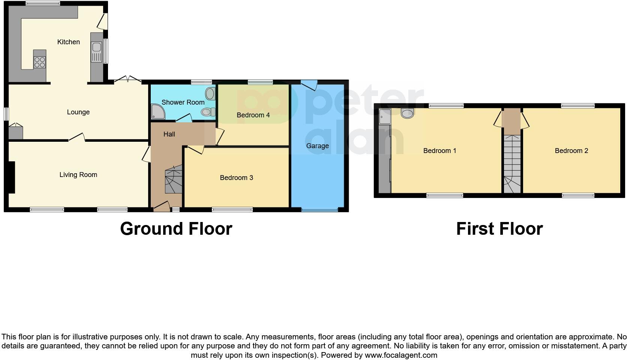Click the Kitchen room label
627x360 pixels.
[x=68, y=42]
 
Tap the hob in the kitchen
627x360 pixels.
[x=40, y=62]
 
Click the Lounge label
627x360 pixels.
[x=78, y=112]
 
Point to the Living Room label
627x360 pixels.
[x=78, y=175]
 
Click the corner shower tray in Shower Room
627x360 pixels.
[x=157, y=112]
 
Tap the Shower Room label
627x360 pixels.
[x=183, y=102]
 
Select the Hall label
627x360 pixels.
[x=169, y=134]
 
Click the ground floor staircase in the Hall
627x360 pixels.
[x=173, y=181]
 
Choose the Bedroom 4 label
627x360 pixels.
[x=253, y=115]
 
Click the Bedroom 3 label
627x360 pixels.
[x=236, y=178]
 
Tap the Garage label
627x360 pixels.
[x=317, y=146]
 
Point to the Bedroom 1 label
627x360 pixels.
[x=439, y=151]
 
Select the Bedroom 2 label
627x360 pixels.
[x=571, y=151]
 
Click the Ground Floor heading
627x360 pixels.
[x=176, y=229]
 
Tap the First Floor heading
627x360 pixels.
[x=499, y=229]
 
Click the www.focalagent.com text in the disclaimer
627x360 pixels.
[x=400, y=355]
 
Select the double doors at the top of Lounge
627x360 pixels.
[x=128, y=79]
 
